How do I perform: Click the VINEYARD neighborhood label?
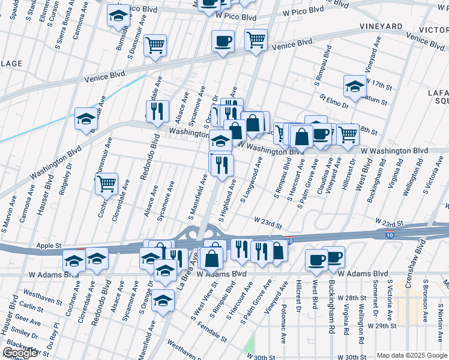(x=381, y=27)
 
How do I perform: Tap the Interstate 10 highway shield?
(x=390, y=230)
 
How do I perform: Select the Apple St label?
(x=50, y=246)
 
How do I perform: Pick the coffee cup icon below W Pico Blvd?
(x=223, y=41)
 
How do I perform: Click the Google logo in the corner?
(x=20, y=353)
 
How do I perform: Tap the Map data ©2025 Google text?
(x=412, y=355)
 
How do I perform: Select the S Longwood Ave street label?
(x=251, y=178)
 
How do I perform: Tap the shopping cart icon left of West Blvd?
(x=348, y=134)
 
